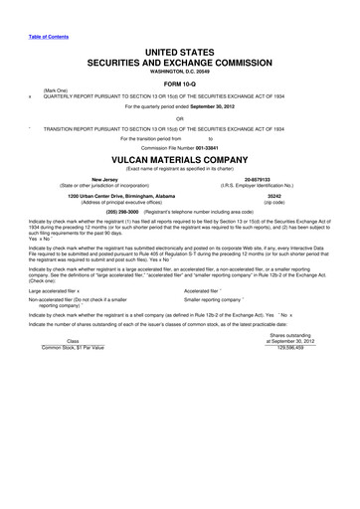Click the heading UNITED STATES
(180, 50)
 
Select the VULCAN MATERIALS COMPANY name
(180, 159)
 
